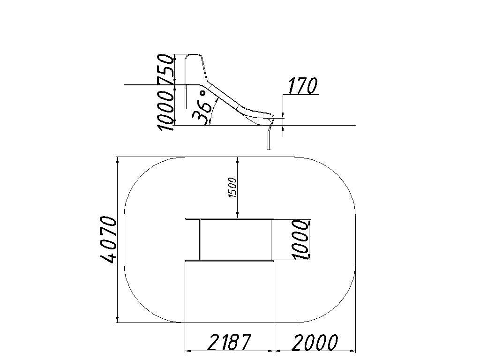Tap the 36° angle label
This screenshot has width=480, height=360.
(202, 108)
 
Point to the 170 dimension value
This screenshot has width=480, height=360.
(302, 86)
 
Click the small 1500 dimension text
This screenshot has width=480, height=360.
(233, 187)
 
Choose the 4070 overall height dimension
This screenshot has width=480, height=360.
(108, 240)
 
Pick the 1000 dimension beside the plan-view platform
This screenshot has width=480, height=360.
(300, 240)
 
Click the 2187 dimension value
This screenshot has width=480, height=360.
(229, 342)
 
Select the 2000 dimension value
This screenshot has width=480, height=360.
(315, 342)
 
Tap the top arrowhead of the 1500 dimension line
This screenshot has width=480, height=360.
(238, 160)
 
